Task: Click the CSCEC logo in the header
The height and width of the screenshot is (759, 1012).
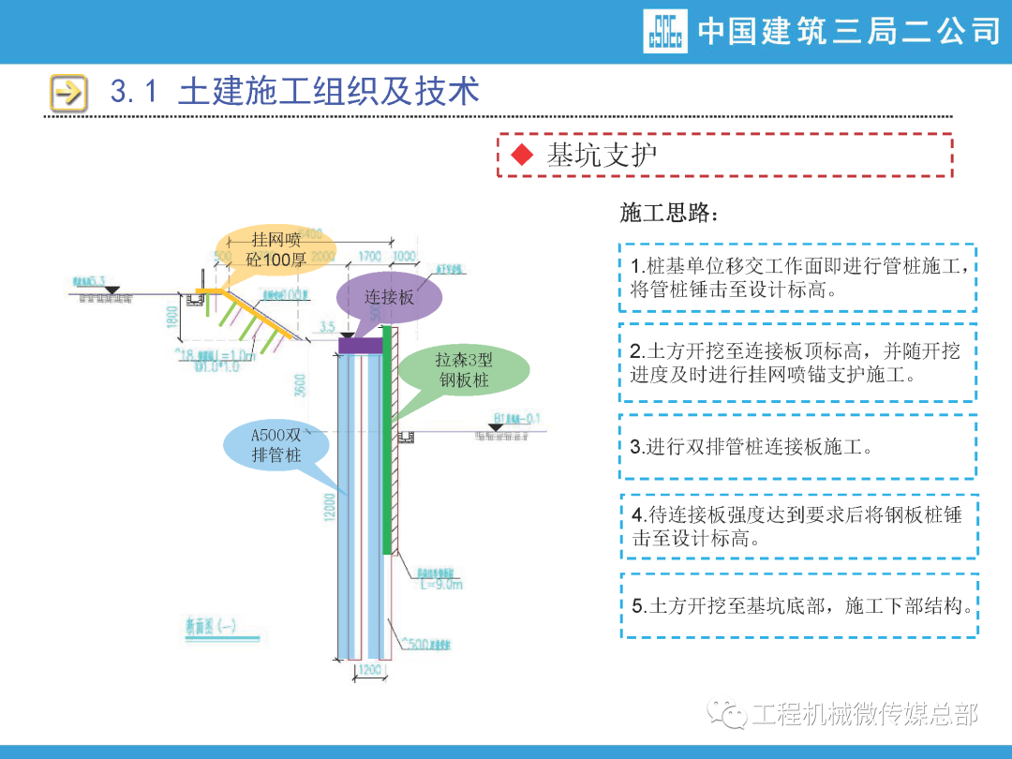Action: (x=664, y=31)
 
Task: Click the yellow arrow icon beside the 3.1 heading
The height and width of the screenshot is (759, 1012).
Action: (x=68, y=92)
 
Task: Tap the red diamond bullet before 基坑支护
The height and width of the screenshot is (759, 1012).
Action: (x=521, y=156)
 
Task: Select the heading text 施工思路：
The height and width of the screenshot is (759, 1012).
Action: (x=670, y=214)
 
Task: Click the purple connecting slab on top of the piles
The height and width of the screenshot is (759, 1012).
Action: (x=361, y=346)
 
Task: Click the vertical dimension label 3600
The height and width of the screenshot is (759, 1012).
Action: (x=299, y=384)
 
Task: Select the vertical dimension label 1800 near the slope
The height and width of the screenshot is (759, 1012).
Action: (x=171, y=315)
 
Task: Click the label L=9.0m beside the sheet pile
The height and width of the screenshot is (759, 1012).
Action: (x=440, y=584)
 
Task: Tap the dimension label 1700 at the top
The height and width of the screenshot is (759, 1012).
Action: (x=369, y=256)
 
